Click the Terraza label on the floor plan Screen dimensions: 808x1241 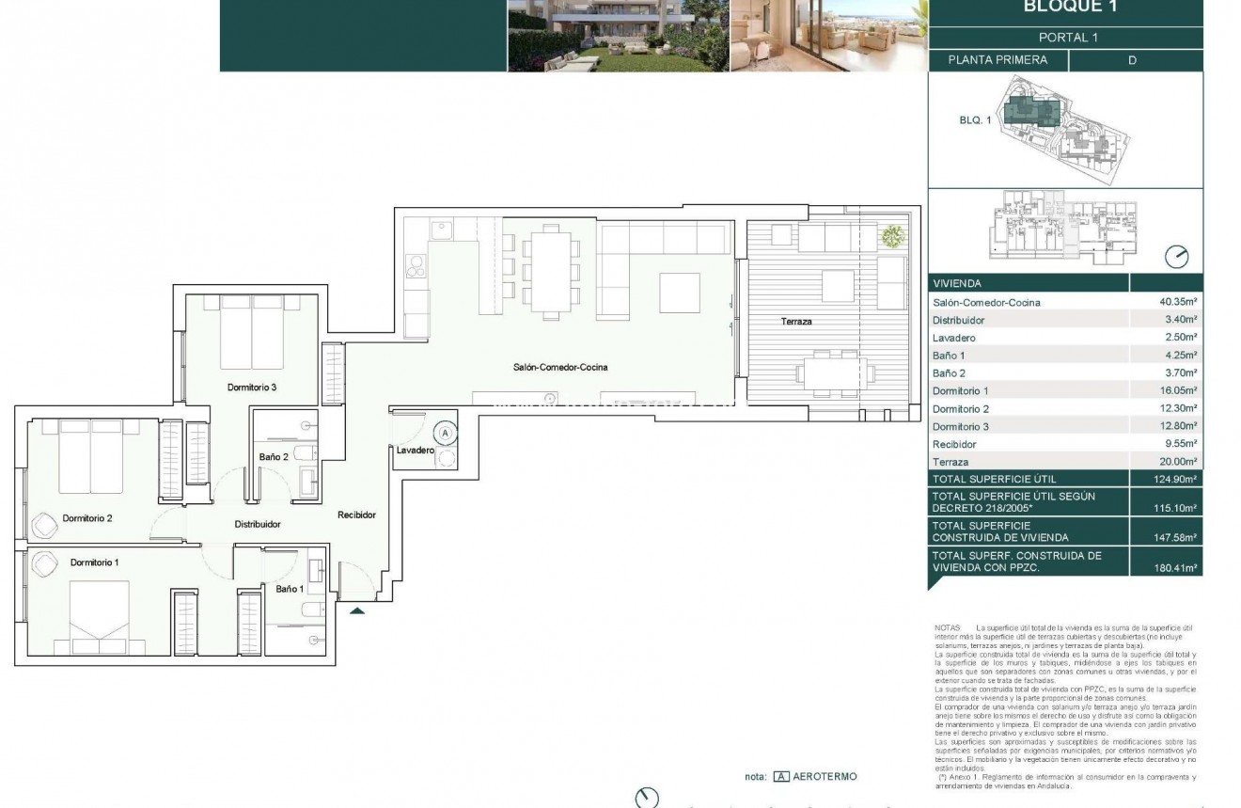(795, 322)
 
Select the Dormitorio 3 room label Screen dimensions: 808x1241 (251, 387)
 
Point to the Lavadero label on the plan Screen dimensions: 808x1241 (415, 451)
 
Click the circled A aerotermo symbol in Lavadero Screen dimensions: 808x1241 (446, 434)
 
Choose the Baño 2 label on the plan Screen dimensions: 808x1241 (273, 457)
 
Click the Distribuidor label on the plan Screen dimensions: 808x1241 (258, 524)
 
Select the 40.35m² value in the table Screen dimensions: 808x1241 (1178, 303)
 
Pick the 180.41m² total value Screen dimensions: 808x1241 (1177, 568)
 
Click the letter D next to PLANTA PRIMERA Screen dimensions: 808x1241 (1132, 60)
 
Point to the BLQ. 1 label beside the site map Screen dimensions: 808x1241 (975, 120)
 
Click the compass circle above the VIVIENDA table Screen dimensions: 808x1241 (1176, 257)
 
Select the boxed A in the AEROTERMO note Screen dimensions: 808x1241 (781, 777)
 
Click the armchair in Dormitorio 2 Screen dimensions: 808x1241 (45, 523)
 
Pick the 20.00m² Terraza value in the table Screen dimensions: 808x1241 (1178, 462)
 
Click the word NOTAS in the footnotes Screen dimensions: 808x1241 (948, 626)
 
